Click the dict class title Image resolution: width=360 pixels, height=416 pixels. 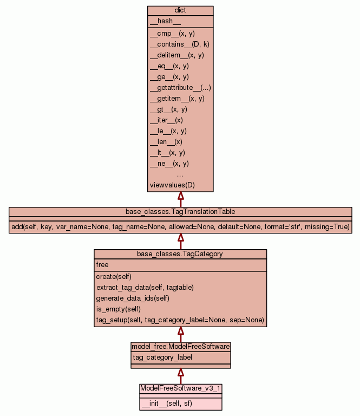[180, 11]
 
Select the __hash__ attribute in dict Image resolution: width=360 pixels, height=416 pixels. [161, 21]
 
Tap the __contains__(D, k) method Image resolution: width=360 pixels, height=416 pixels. [179, 44]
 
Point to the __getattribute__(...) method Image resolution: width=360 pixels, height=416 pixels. [180, 88]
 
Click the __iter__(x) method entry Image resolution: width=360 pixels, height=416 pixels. [167, 120]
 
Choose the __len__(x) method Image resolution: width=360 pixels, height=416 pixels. [166, 142]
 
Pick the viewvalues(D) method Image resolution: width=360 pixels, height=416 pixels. [172, 185]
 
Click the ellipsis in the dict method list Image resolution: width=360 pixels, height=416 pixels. [180, 174]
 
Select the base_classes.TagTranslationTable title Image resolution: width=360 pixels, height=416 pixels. [180, 211]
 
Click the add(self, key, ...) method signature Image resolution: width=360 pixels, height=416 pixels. [180, 226]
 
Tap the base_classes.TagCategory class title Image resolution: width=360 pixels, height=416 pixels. [180, 253]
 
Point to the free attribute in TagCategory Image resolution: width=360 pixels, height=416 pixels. [102, 265]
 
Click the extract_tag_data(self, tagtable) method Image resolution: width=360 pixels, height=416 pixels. [145, 287]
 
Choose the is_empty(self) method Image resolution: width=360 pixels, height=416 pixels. [119, 309]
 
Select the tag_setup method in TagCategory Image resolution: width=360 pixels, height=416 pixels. [180, 320]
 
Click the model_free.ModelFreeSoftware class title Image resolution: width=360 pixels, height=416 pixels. [180, 346]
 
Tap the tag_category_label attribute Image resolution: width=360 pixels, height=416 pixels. [162, 357]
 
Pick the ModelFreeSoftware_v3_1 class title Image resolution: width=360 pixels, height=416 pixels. [180, 388]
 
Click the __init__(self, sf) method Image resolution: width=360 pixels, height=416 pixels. [167, 403]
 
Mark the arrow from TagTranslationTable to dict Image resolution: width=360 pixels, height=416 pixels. [180, 199]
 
